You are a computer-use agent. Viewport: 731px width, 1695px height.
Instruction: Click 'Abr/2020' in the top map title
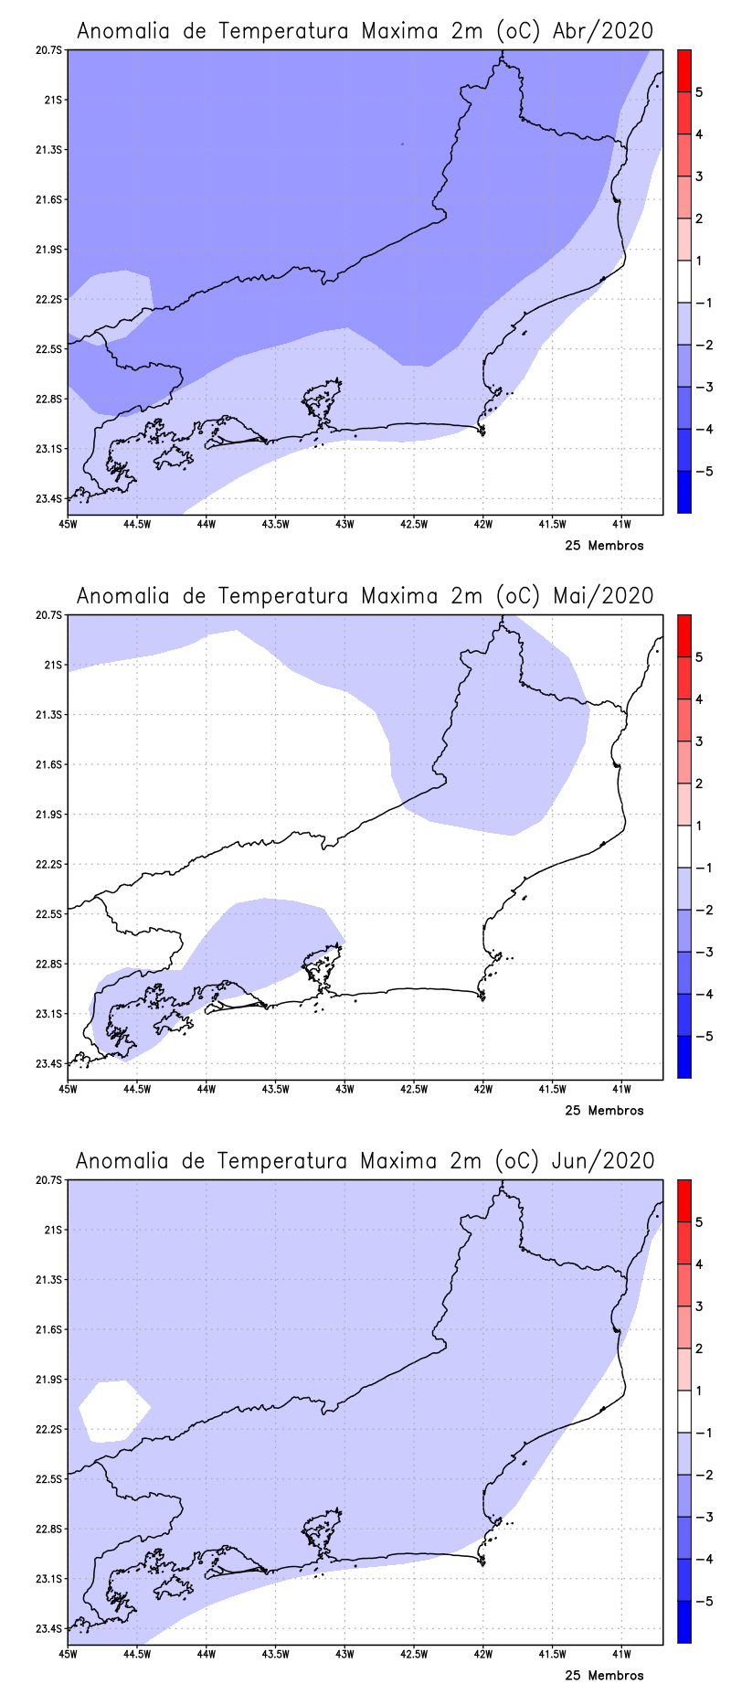click(603, 31)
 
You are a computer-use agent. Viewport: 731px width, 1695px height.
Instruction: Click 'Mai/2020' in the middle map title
click(603, 596)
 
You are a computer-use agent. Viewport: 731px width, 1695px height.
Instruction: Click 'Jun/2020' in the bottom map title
click(603, 1161)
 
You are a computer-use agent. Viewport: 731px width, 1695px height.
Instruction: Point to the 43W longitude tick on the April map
click(344, 524)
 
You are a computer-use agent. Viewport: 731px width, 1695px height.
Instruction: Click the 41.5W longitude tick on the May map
click(552, 1089)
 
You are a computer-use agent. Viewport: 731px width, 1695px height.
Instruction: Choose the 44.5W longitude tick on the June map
click(136, 1654)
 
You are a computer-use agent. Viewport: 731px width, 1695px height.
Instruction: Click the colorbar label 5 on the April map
click(699, 92)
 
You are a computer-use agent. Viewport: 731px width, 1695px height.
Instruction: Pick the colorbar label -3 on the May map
click(703, 953)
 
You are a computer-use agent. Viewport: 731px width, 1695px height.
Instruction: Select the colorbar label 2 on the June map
click(699, 1349)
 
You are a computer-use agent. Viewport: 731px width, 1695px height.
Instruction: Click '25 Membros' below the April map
click(604, 546)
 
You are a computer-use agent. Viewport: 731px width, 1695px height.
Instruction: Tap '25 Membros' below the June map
click(604, 1676)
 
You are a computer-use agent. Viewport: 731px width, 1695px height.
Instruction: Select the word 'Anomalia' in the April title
click(122, 31)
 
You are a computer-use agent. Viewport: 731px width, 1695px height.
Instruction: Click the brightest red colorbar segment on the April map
click(683, 70)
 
